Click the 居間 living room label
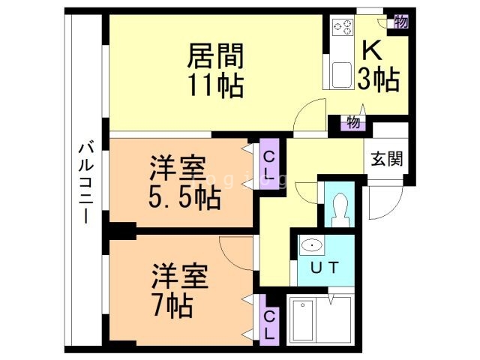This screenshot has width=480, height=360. [215, 56]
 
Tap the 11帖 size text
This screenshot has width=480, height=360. [215, 85]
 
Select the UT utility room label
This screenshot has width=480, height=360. [323, 266]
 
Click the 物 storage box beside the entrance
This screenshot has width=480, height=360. [352, 121]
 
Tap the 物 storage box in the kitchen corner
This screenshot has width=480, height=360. [400, 21]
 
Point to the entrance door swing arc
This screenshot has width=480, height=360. [384, 199]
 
